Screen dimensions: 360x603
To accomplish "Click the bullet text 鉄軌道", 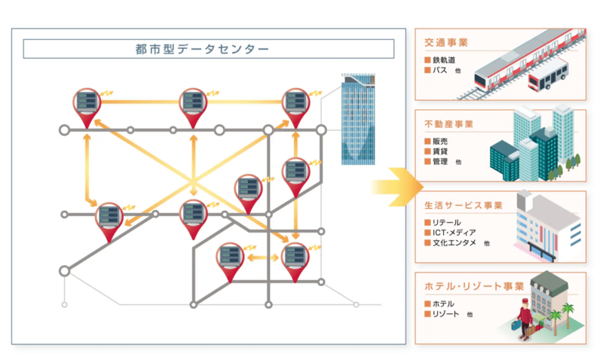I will pyautogui.click(x=445, y=59).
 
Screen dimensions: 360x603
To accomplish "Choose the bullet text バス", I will pyautogui.click(x=440, y=70).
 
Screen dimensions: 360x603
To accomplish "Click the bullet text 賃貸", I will pyautogui.click(x=440, y=151).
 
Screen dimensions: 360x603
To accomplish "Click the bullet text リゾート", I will pyautogui.click(x=445, y=314).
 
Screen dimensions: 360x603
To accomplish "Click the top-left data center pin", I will pyautogui.click(x=87, y=106).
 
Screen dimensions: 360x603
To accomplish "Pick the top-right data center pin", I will pyautogui.click(x=295, y=106).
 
